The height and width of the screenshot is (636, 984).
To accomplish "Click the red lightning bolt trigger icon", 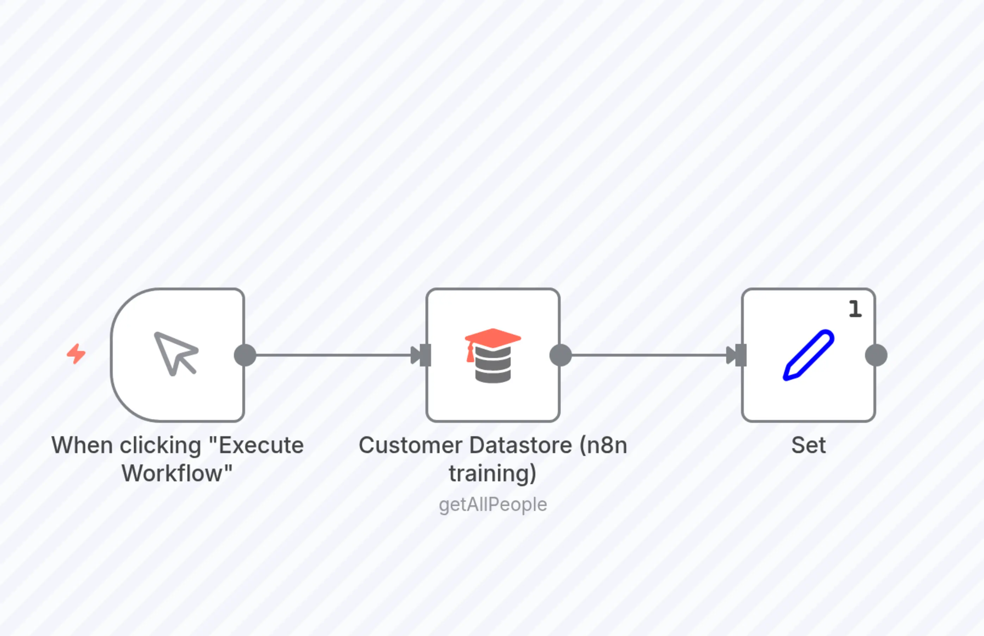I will [76, 354].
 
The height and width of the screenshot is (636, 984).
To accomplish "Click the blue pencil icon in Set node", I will [808, 355].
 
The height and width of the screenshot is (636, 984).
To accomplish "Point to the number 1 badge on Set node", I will [855, 309].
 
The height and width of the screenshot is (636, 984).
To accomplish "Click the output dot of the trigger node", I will [245, 355].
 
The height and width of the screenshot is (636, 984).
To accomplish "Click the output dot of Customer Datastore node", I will [561, 355].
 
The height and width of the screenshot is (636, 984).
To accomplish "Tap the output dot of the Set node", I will [876, 355].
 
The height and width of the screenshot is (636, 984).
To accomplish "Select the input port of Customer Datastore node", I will [425, 355].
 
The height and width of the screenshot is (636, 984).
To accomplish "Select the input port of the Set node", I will [741, 355].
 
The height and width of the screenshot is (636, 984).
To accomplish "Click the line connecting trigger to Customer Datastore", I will [330, 355].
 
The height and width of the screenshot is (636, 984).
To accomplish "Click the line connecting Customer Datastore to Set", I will [648, 355].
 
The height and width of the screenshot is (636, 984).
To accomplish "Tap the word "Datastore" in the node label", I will [521, 445].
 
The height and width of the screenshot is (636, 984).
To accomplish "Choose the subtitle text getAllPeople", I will [493, 504].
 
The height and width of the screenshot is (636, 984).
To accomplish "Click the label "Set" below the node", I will [808, 445].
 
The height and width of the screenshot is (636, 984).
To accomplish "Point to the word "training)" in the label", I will [493, 473].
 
